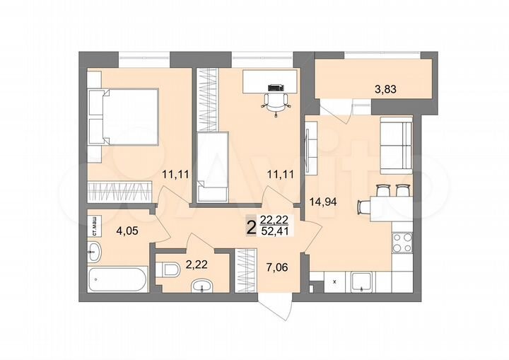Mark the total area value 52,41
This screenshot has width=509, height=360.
pos(275,230)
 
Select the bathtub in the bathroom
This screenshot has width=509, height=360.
pos(118,279)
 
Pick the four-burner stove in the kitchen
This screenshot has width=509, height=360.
pos(403,243)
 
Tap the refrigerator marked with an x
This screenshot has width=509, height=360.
pos(332,282)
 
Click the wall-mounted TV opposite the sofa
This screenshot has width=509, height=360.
pos(308,148)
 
